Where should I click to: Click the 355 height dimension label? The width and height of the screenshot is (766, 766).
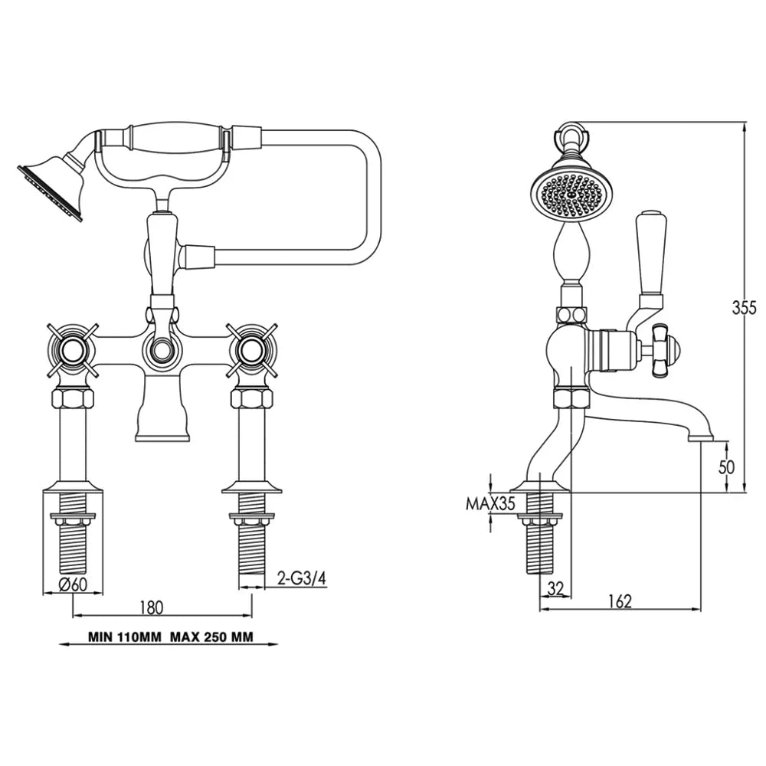[744, 308]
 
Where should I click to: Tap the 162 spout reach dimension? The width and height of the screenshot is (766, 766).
[620, 601]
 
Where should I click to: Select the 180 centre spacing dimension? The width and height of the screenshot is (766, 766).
[152, 607]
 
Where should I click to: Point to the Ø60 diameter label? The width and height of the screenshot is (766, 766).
[73, 584]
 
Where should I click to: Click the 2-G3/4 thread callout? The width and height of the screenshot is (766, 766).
[301, 578]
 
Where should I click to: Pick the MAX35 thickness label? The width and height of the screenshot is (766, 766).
[490, 504]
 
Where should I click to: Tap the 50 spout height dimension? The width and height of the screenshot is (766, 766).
[726, 467]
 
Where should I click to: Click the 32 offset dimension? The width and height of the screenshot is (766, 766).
[556, 588]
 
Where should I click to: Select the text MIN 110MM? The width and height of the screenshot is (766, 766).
[124, 637]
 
